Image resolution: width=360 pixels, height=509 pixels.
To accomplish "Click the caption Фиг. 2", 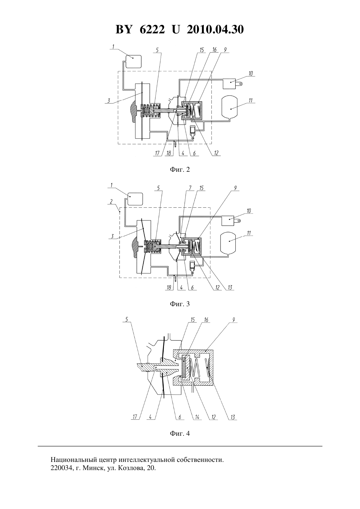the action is pos(180,169).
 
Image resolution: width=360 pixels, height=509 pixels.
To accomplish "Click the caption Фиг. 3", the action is pos(180,304).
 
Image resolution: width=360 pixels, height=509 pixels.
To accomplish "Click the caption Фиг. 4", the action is pos(180,433).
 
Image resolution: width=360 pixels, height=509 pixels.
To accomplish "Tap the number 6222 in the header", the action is pos(152,29).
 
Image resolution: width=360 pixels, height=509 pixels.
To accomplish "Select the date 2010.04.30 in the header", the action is pos(215,29).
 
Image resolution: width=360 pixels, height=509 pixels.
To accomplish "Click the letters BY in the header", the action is pos(124,29).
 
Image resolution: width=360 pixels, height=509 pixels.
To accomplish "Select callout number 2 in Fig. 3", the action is pos(111,202).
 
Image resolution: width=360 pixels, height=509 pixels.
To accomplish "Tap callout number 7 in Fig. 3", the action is pos(190,188).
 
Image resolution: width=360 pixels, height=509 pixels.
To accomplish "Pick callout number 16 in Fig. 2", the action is pos(214,50).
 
